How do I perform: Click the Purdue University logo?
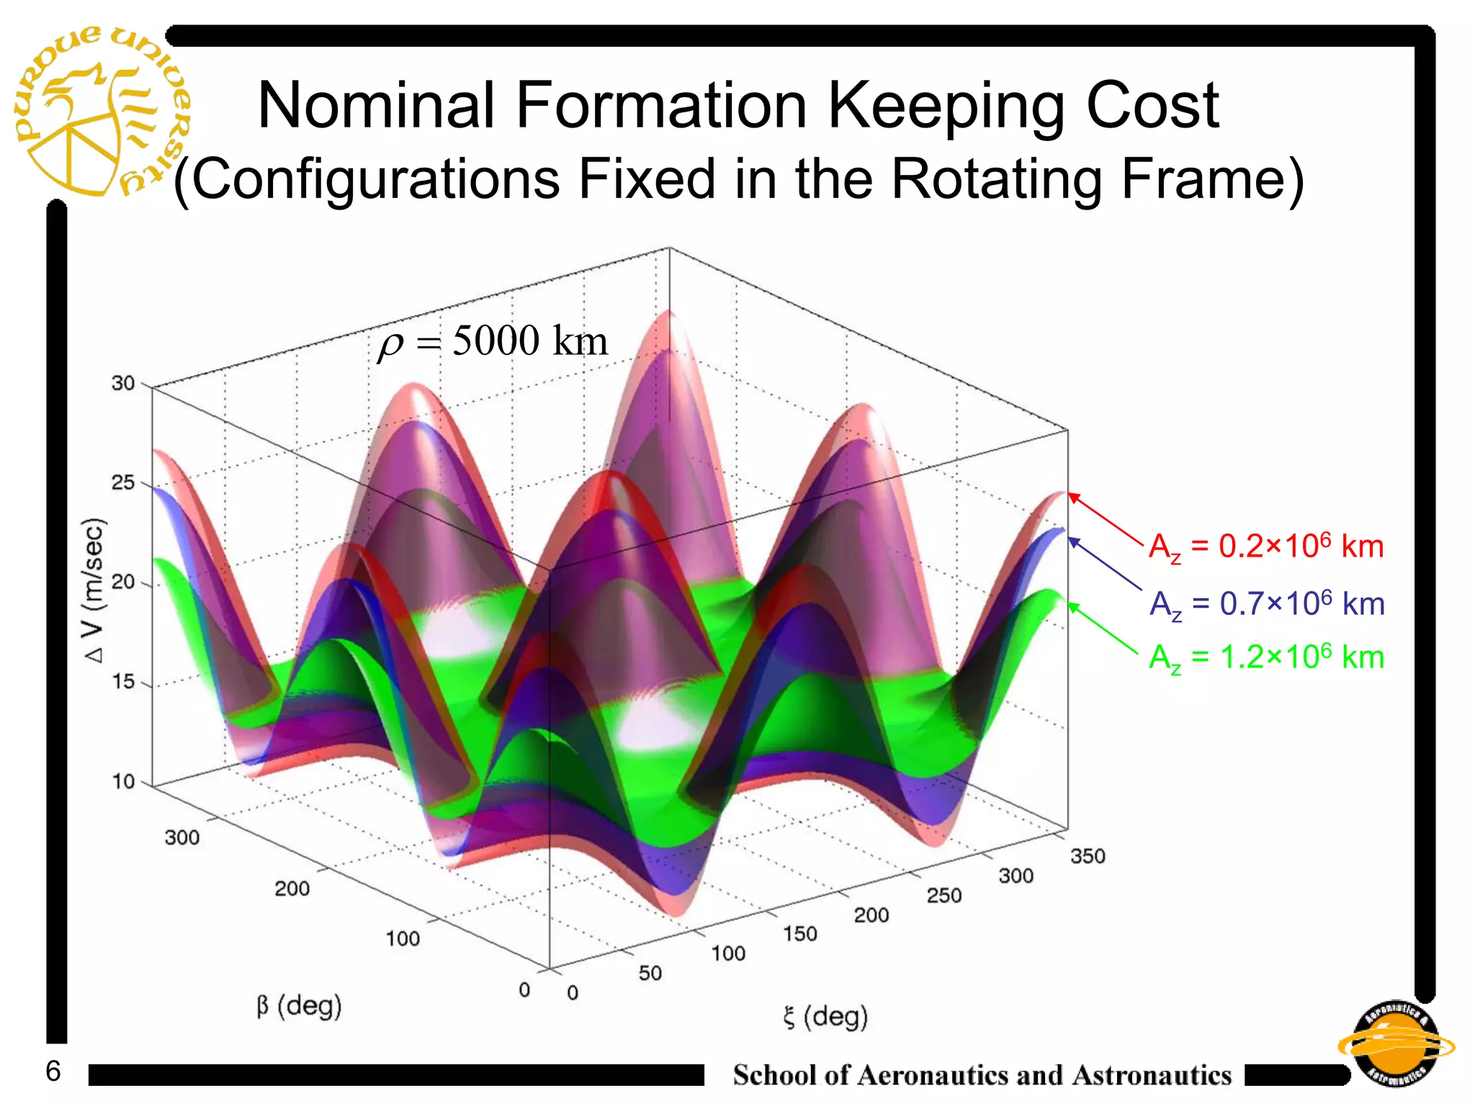(101, 112)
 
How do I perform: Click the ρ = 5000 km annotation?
(493, 341)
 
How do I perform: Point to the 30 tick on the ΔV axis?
(123, 383)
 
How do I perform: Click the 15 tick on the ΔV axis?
(123, 682)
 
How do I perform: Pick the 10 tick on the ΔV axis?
(123, 781)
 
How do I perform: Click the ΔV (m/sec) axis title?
(94, 590)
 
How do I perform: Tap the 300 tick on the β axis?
(181, 837)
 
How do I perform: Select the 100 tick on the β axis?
(402, 939)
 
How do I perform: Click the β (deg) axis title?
(299, 1006)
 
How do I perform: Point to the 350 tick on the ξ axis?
(1088, 856)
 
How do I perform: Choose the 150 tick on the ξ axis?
(800, 934)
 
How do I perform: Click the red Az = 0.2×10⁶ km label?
(1265, 547)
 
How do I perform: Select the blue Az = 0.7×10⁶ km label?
(1266, 604)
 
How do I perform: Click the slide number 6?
(53, 1071)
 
